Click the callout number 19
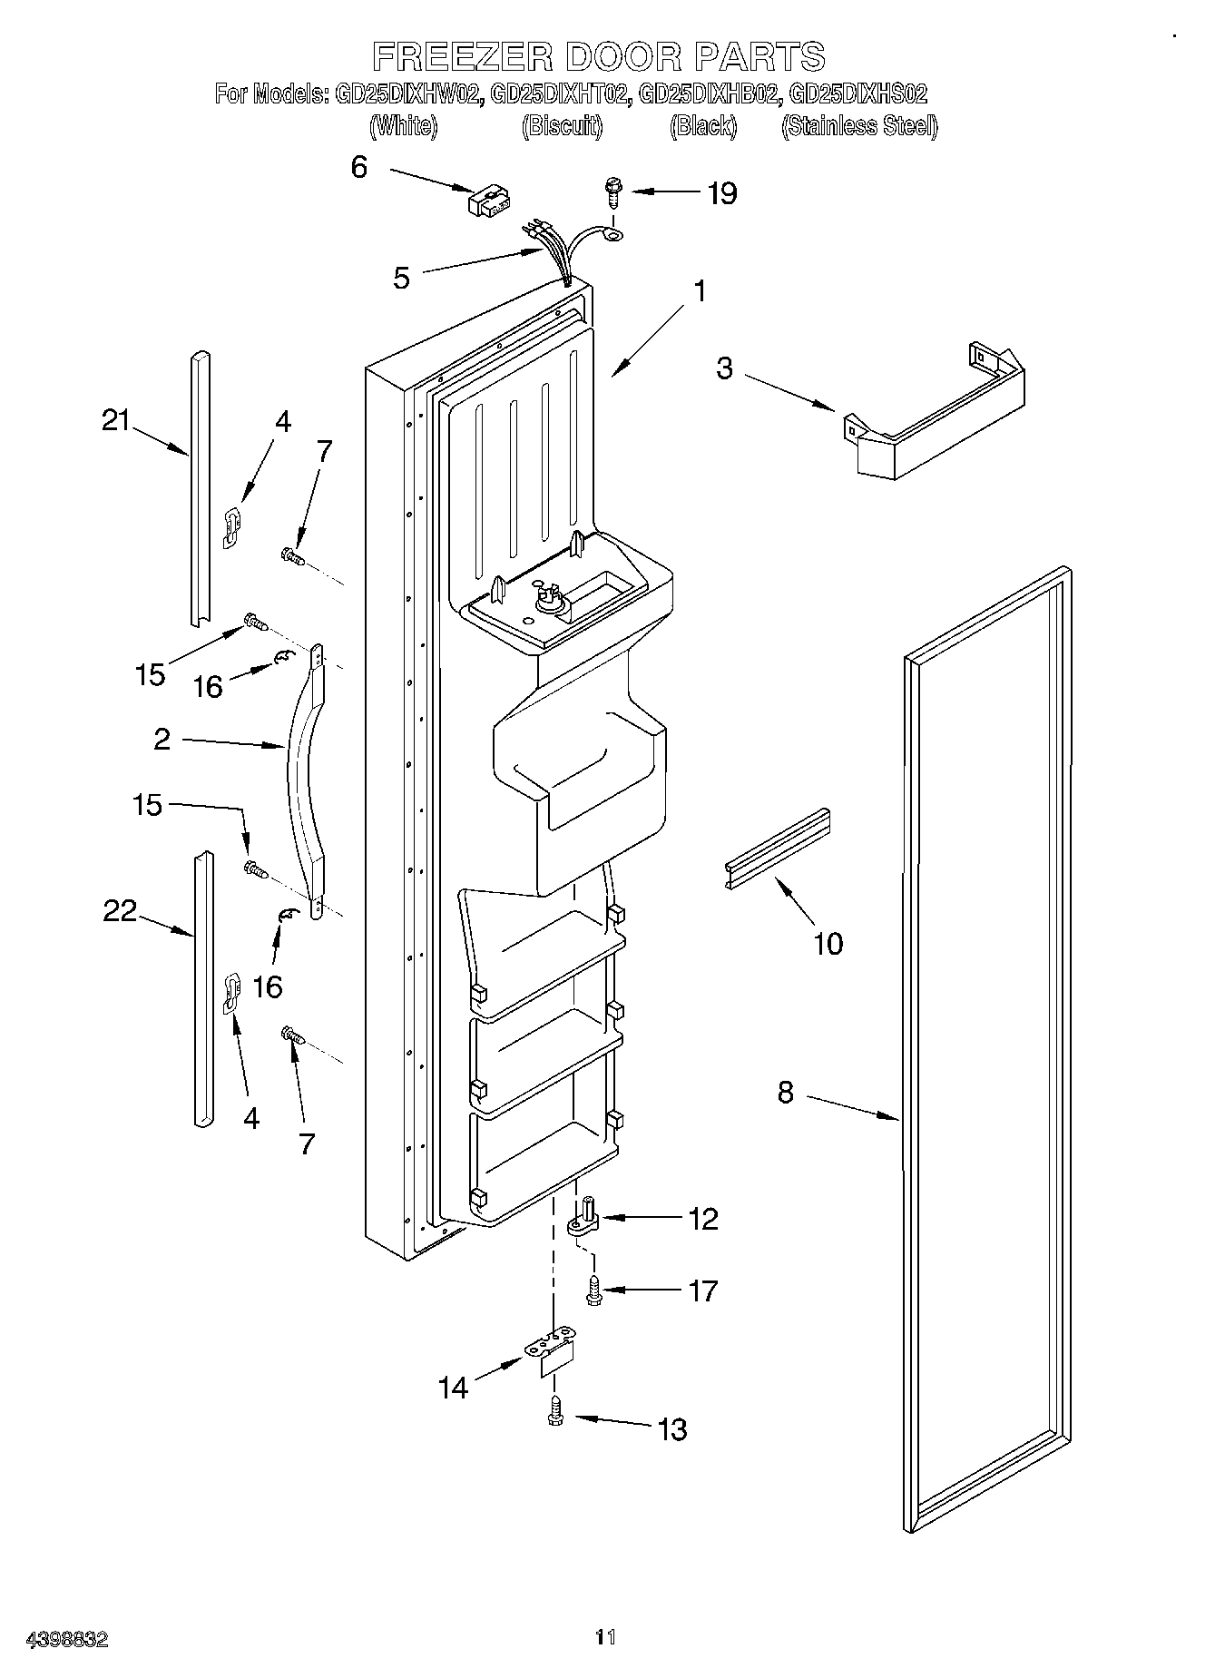click(722, 193)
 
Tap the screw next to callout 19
click(612, 192)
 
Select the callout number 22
click(119, 910)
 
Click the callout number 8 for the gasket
click(785, 1093)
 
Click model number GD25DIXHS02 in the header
click(857, 93)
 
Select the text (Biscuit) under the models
click(562, 126)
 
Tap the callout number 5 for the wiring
click(401, 278)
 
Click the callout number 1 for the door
click(699, 291)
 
